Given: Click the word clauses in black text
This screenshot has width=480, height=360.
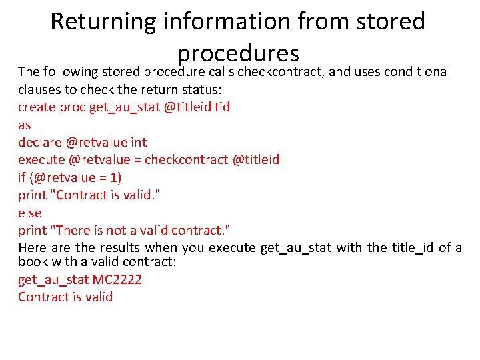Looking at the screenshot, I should [x=39, y=89].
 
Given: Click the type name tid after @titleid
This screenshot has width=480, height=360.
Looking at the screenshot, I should [x=221, y=107].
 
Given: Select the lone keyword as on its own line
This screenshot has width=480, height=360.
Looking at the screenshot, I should [x=24, y=125].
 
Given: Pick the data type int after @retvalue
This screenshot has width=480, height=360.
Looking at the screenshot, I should [x=139, y=142].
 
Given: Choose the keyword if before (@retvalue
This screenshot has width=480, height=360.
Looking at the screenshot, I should [x=21, y=177].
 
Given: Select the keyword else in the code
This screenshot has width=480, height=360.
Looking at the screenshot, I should [x=29, y=213].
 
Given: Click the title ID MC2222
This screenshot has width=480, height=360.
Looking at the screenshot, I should [x=117, y=279].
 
